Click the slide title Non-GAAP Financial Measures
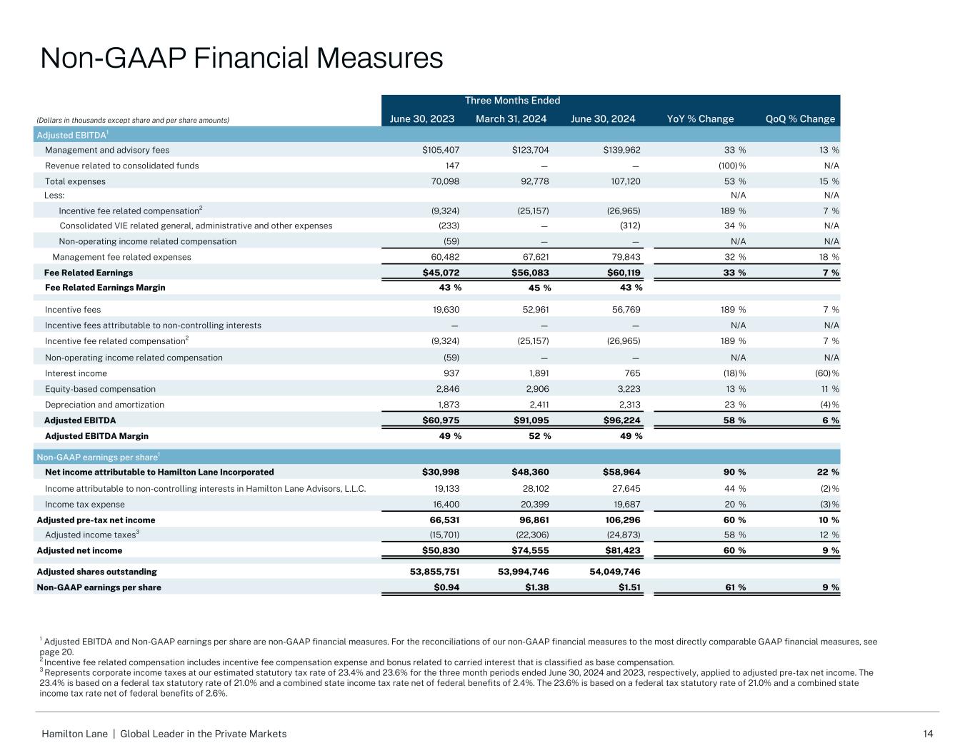coord(241,58)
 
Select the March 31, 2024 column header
coord(512,119)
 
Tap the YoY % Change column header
coord(700,119)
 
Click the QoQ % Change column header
coord(800,119)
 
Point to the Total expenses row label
coord(75,182)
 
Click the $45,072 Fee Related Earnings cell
coord(436,273)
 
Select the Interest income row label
coord(76,373)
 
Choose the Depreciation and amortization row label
coord(104,405)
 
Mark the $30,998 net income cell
coord(436,472)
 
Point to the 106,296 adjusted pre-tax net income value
coord(622,520)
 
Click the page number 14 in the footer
coord(928,734)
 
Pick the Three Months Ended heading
coord(512,101)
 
